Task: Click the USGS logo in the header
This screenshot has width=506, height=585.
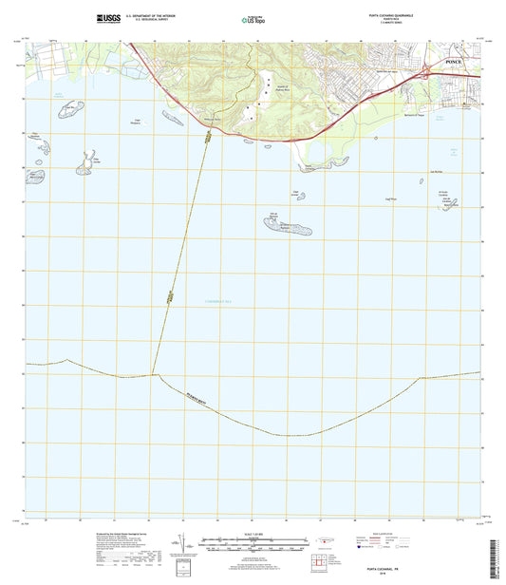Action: click(x=107, y=18)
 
